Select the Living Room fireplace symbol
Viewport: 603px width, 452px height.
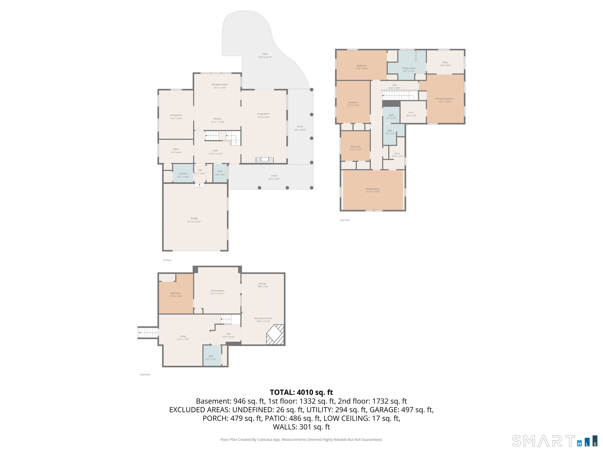pos(264,160)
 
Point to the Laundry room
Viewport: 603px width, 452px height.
pos(183,173)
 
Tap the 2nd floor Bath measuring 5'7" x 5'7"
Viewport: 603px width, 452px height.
pos(391,115)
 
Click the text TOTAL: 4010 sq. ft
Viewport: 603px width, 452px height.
pos(301,392)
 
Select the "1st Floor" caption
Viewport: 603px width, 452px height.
pos(167,260)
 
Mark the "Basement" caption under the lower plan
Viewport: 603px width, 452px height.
pos(145,375)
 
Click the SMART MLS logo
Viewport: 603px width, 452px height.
pos(555,441)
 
